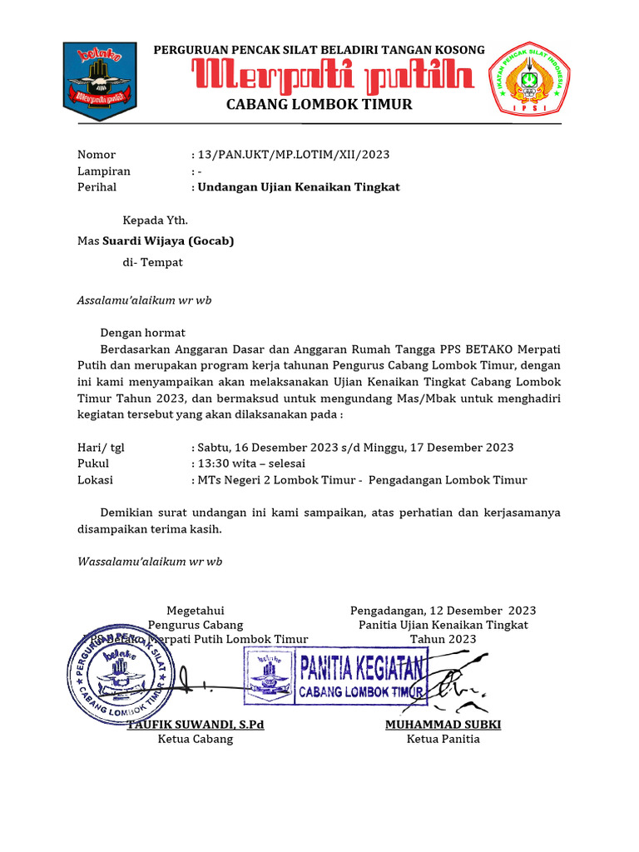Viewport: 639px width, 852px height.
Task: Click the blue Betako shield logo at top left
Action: point(100,82)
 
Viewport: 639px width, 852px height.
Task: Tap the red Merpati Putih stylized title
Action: point(334,78)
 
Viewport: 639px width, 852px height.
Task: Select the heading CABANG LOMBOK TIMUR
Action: point(319,105)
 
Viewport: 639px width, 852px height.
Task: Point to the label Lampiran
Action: point(104,171)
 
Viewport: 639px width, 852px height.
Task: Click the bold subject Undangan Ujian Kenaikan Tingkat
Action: point(298,187)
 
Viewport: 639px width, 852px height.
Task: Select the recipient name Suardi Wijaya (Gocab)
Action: point(168,241)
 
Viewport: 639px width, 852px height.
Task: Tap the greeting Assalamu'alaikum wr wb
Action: point(144,300)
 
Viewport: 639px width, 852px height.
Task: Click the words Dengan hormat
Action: point(143,333)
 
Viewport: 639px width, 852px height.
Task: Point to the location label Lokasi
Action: point(95,480)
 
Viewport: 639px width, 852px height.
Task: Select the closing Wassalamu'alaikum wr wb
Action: point(150,562)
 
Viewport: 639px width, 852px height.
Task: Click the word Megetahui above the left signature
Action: point(196,610)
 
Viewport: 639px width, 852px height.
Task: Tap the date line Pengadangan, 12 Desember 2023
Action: point(443,610)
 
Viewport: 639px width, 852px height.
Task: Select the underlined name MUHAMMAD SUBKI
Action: point(443,725)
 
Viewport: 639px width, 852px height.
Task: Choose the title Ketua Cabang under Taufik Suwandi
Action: point(196,739)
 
